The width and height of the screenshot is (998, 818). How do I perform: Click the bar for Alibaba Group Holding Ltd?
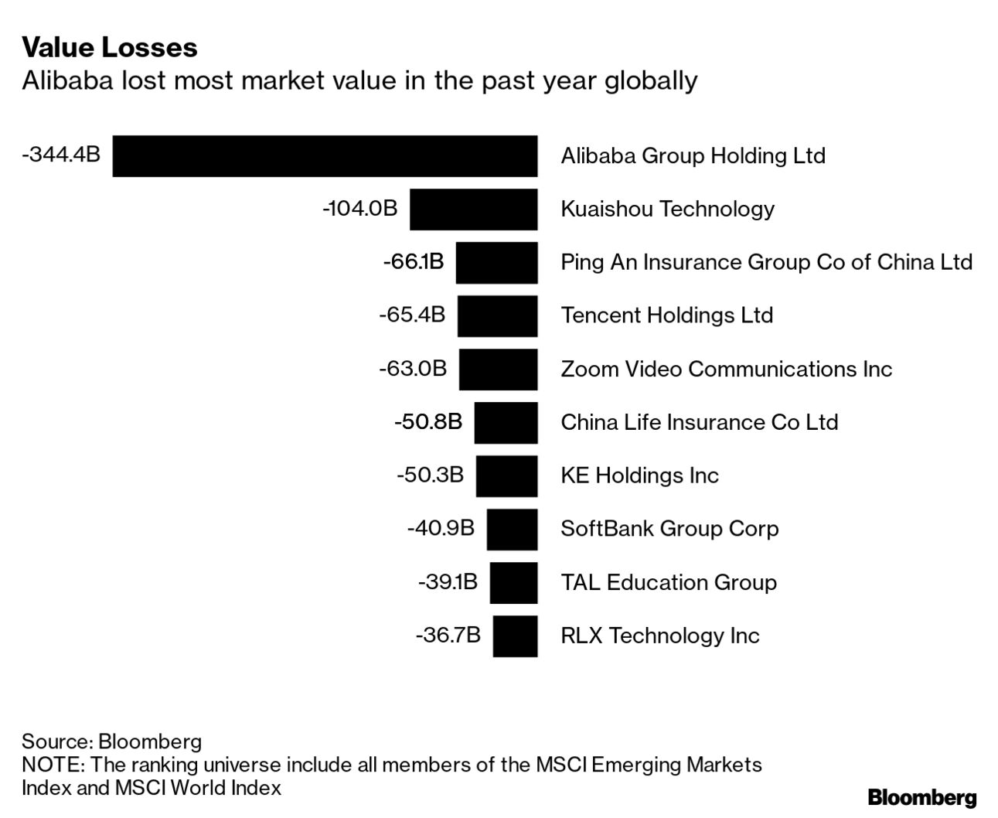(x=325, y=156)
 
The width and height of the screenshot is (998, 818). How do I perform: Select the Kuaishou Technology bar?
(x=473, y=210)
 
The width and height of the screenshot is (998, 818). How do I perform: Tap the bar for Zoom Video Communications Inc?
(x=498, y=370)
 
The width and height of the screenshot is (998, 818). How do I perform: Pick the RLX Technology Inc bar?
(x=515, y=636)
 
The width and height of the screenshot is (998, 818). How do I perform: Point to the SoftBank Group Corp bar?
(x=512, y=530)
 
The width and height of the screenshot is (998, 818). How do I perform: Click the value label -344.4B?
(x=61, y=154)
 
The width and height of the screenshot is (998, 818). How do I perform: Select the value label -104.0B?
(x=359, y=208)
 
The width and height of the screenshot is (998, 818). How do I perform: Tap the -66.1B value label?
(x=414, y=261)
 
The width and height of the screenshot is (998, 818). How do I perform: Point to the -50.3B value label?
(x=430, y=475)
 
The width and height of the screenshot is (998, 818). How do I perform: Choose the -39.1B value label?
(x=448, y=581)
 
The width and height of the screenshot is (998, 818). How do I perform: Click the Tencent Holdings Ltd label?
(x=666, y=315)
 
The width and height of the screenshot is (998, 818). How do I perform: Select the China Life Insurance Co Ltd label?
(x=699, y=422)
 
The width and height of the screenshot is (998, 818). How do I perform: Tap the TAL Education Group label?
(x=668, y=582)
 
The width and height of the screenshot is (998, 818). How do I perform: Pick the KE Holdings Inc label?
(x=639, y=475)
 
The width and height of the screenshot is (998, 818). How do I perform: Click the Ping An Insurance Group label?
(x=765, y=262)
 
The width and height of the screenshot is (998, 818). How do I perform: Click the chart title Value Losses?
(x=110, y=48)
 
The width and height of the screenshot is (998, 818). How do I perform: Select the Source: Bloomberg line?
(x=111, y=741)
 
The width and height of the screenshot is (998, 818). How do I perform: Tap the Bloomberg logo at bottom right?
(x=921, y=798)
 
